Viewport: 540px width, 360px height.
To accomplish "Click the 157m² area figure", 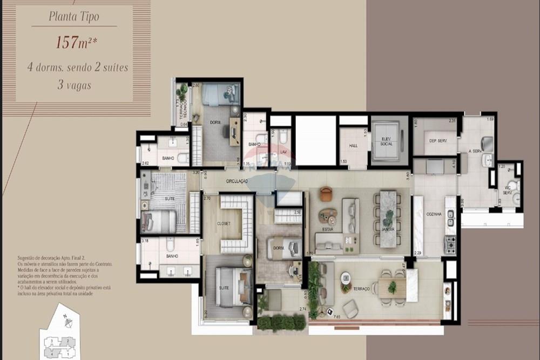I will (74, 43).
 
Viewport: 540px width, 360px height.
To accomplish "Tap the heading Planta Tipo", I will (74, 16).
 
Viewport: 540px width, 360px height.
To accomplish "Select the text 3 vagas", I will (74, 85).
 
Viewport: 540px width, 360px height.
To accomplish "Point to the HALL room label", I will (353, 146).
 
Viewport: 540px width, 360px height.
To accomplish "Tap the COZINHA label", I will (433, 214).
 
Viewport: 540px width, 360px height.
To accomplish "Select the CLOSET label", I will (224, 223).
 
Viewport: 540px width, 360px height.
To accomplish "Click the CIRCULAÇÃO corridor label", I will (237, 181).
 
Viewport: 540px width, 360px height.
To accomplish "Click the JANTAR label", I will (387, 229).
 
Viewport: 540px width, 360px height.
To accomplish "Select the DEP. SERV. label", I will (437, 140).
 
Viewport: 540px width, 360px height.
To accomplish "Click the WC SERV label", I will (507, 189).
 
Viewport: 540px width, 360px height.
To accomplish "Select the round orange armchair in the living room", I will (325, 194).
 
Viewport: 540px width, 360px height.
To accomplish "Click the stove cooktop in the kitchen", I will (449, 244).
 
